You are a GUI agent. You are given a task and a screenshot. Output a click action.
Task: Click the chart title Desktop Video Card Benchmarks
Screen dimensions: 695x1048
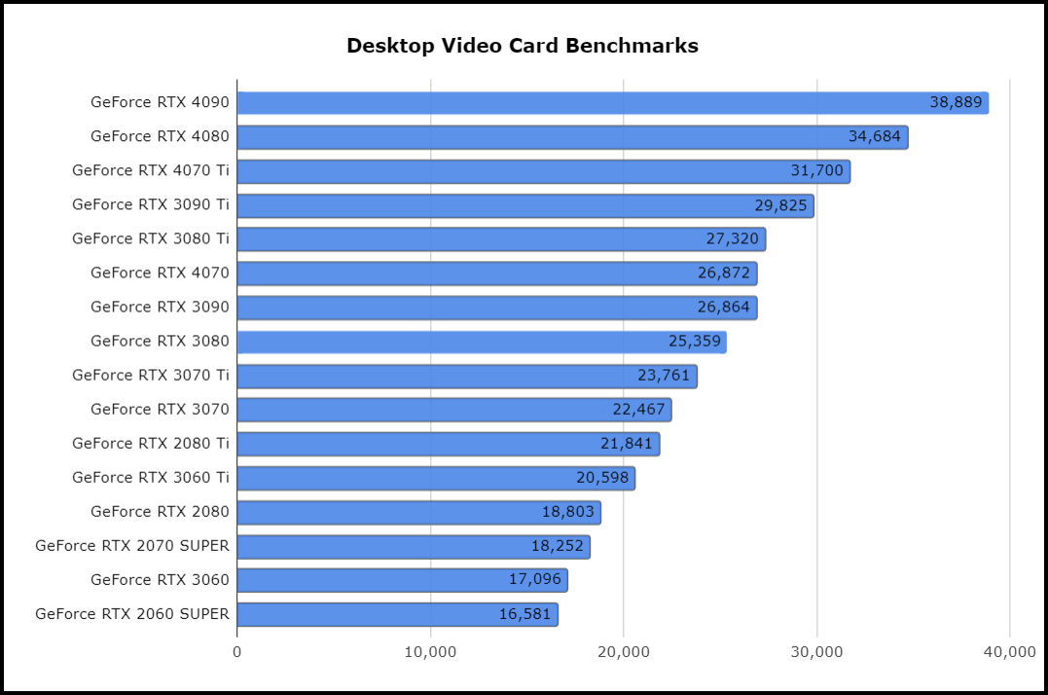point(523,46)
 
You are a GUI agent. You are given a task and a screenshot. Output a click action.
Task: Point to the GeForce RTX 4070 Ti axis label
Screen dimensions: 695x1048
point(151,170)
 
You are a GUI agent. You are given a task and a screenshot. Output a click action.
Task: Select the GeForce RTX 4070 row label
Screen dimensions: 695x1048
point(160,273)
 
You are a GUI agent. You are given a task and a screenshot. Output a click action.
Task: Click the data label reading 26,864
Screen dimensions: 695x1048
point(724,308)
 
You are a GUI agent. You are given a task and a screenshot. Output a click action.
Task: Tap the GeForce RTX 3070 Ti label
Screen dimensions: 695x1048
point(151,375)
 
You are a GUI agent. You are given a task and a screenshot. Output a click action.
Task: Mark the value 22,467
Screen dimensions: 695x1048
point(638,410)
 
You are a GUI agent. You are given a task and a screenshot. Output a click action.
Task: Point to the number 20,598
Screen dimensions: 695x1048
point(603,478)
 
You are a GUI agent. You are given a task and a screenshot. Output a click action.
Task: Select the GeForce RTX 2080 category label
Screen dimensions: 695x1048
point(160,511)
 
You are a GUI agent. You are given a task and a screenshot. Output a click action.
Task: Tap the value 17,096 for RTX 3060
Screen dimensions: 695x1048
point(535,580)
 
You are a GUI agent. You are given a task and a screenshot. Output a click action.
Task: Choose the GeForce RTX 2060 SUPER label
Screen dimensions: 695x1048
point(132,613)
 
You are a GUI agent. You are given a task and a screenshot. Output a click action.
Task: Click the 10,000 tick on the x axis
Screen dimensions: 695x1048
point(430,651)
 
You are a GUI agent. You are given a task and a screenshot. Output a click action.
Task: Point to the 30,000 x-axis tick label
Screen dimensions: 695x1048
point(816,651)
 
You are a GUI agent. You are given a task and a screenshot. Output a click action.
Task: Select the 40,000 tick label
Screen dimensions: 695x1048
point(1009,651)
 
